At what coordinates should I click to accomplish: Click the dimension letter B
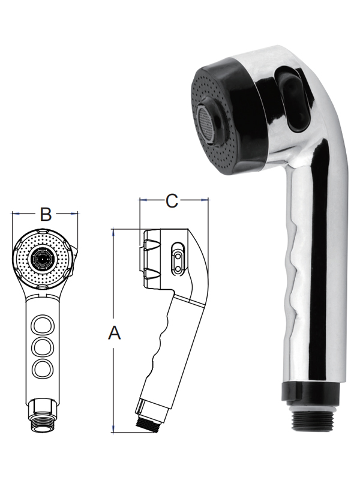(46, 214)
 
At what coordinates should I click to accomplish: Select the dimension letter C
(172, 201)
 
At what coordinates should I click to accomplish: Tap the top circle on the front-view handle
(43, 325)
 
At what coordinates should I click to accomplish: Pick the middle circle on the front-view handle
(43, 347)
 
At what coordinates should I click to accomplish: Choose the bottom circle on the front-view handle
(43, 369)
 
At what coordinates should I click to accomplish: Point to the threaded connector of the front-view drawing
(41, 415)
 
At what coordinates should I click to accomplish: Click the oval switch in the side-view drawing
(178, 257)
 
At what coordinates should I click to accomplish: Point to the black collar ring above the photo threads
(310, 389)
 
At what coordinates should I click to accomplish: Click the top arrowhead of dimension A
(113, 231)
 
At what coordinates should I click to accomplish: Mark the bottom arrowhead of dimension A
(113, 429)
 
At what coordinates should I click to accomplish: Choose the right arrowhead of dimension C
(205, 200)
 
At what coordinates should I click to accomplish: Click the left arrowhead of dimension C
(143, 200)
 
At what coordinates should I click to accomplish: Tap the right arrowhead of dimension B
(74, 214)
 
